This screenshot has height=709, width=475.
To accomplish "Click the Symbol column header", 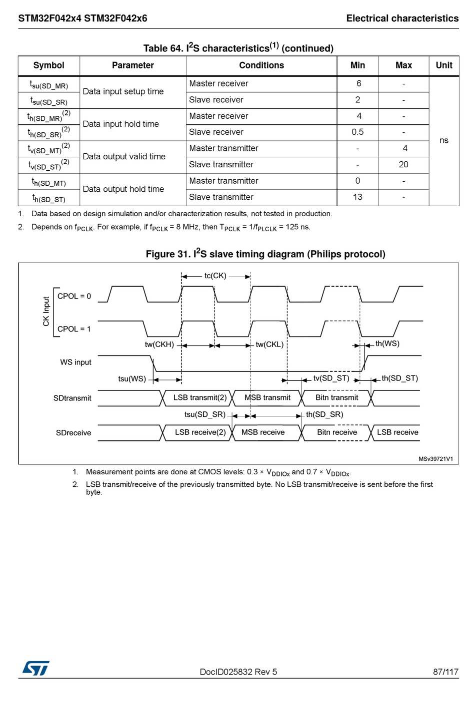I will point(48,65).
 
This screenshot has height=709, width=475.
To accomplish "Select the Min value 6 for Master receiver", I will point(358,84).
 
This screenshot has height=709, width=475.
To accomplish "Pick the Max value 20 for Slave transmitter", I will point(403,165).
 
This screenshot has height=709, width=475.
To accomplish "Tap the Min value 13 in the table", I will point(357,197).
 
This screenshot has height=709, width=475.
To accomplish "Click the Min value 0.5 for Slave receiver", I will point(357,132).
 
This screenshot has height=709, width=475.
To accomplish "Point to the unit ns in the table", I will point(443,141).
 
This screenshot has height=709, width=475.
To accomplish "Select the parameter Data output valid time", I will point(124,157).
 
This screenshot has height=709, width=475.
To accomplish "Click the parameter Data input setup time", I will point(123,92).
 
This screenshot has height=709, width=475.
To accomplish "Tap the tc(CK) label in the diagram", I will point(215,276).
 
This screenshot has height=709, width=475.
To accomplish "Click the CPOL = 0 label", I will point(74,296).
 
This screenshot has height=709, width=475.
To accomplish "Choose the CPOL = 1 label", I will point(74,329).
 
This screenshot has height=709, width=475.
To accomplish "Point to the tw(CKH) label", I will point(159,345).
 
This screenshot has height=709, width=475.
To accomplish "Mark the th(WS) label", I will point(387,344).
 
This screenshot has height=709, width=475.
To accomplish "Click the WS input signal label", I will point(75,362).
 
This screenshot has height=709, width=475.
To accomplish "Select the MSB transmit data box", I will point(267,398).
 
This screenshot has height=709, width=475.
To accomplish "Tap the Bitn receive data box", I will point(337,432).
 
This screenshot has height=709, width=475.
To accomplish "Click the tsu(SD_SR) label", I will point(205,414).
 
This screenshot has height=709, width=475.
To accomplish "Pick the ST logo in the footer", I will point(36,668).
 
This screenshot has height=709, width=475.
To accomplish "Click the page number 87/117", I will point(445,672).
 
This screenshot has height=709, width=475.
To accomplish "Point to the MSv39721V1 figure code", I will point(435,459).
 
